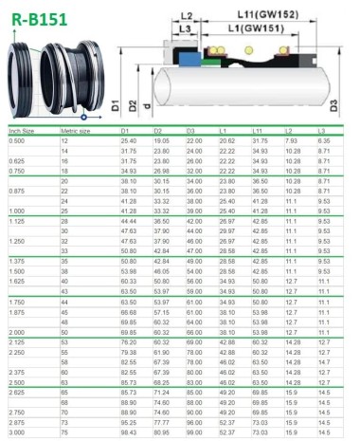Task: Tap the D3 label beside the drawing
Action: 334,103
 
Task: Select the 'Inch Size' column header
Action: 23,130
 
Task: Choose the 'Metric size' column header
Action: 76,130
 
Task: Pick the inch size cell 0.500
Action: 17,140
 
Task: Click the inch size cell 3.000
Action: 17,432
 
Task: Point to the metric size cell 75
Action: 65,432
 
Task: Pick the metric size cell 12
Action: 65,140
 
